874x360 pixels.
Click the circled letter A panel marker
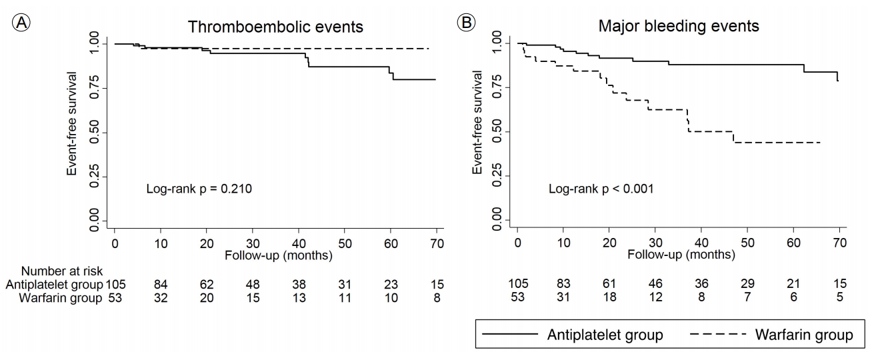coord(21,23)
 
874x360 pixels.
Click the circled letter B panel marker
coord(466,23)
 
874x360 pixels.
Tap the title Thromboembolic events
coord(275,27)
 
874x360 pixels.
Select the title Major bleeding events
coord(679,26)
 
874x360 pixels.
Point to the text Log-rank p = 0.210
coord(199,189)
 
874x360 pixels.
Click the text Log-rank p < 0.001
coord(601,189)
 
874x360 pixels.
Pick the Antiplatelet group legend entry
coord(573,334)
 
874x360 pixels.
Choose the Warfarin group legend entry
coord(771,334)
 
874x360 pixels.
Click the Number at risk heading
coord(61,271)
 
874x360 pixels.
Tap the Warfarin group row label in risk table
coord(61,298)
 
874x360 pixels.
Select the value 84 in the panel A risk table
coord(161,285)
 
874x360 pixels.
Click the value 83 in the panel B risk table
coord(563,283)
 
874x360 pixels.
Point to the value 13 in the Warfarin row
coord(299,298)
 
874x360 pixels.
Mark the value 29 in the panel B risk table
coord(747,283)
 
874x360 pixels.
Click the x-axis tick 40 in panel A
coord(299,244)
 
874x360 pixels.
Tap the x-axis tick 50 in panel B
coord(747,243)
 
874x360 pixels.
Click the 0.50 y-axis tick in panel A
coord(94,133)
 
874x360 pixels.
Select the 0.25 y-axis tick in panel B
coord(497,176)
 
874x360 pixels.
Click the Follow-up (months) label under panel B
coord(681,255)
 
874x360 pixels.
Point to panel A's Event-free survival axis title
coord(72,123)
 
